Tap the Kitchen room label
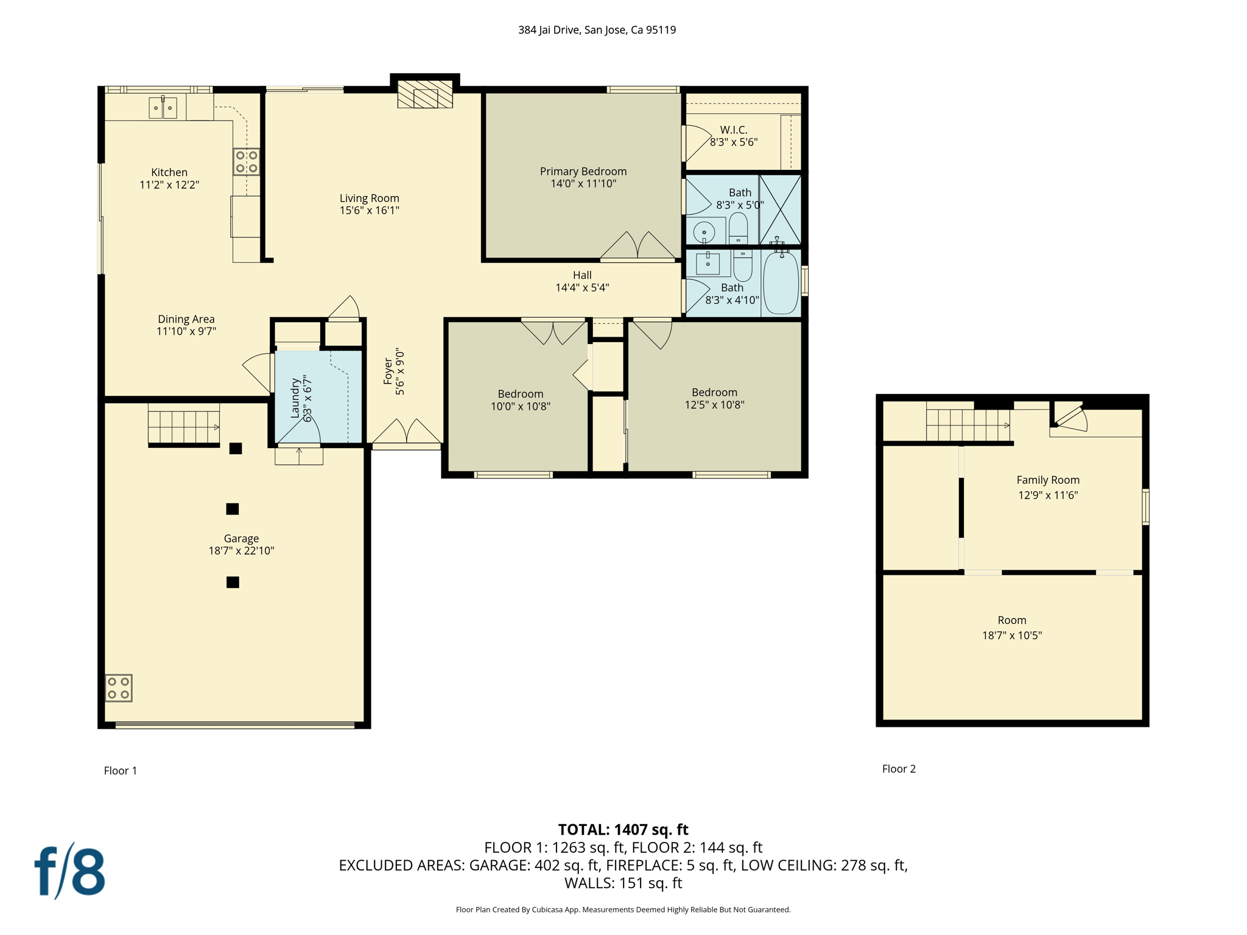(169, 172)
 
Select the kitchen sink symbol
(163, 108)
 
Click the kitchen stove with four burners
(247, 162)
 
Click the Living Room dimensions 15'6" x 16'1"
(369, 211)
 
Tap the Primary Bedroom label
(583, 171)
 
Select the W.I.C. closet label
(733, 130)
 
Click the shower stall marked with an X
(780, 209)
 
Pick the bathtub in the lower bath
(781, 283)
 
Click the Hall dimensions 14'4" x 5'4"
(581, 288)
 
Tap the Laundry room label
(295, 398)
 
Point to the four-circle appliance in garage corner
(119, 688)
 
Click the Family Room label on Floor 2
(1047, 480)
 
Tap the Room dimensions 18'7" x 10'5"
(1011, 636)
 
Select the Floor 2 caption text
(898, 769)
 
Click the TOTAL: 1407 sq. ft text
(623, 830)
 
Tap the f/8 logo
(69, 871)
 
